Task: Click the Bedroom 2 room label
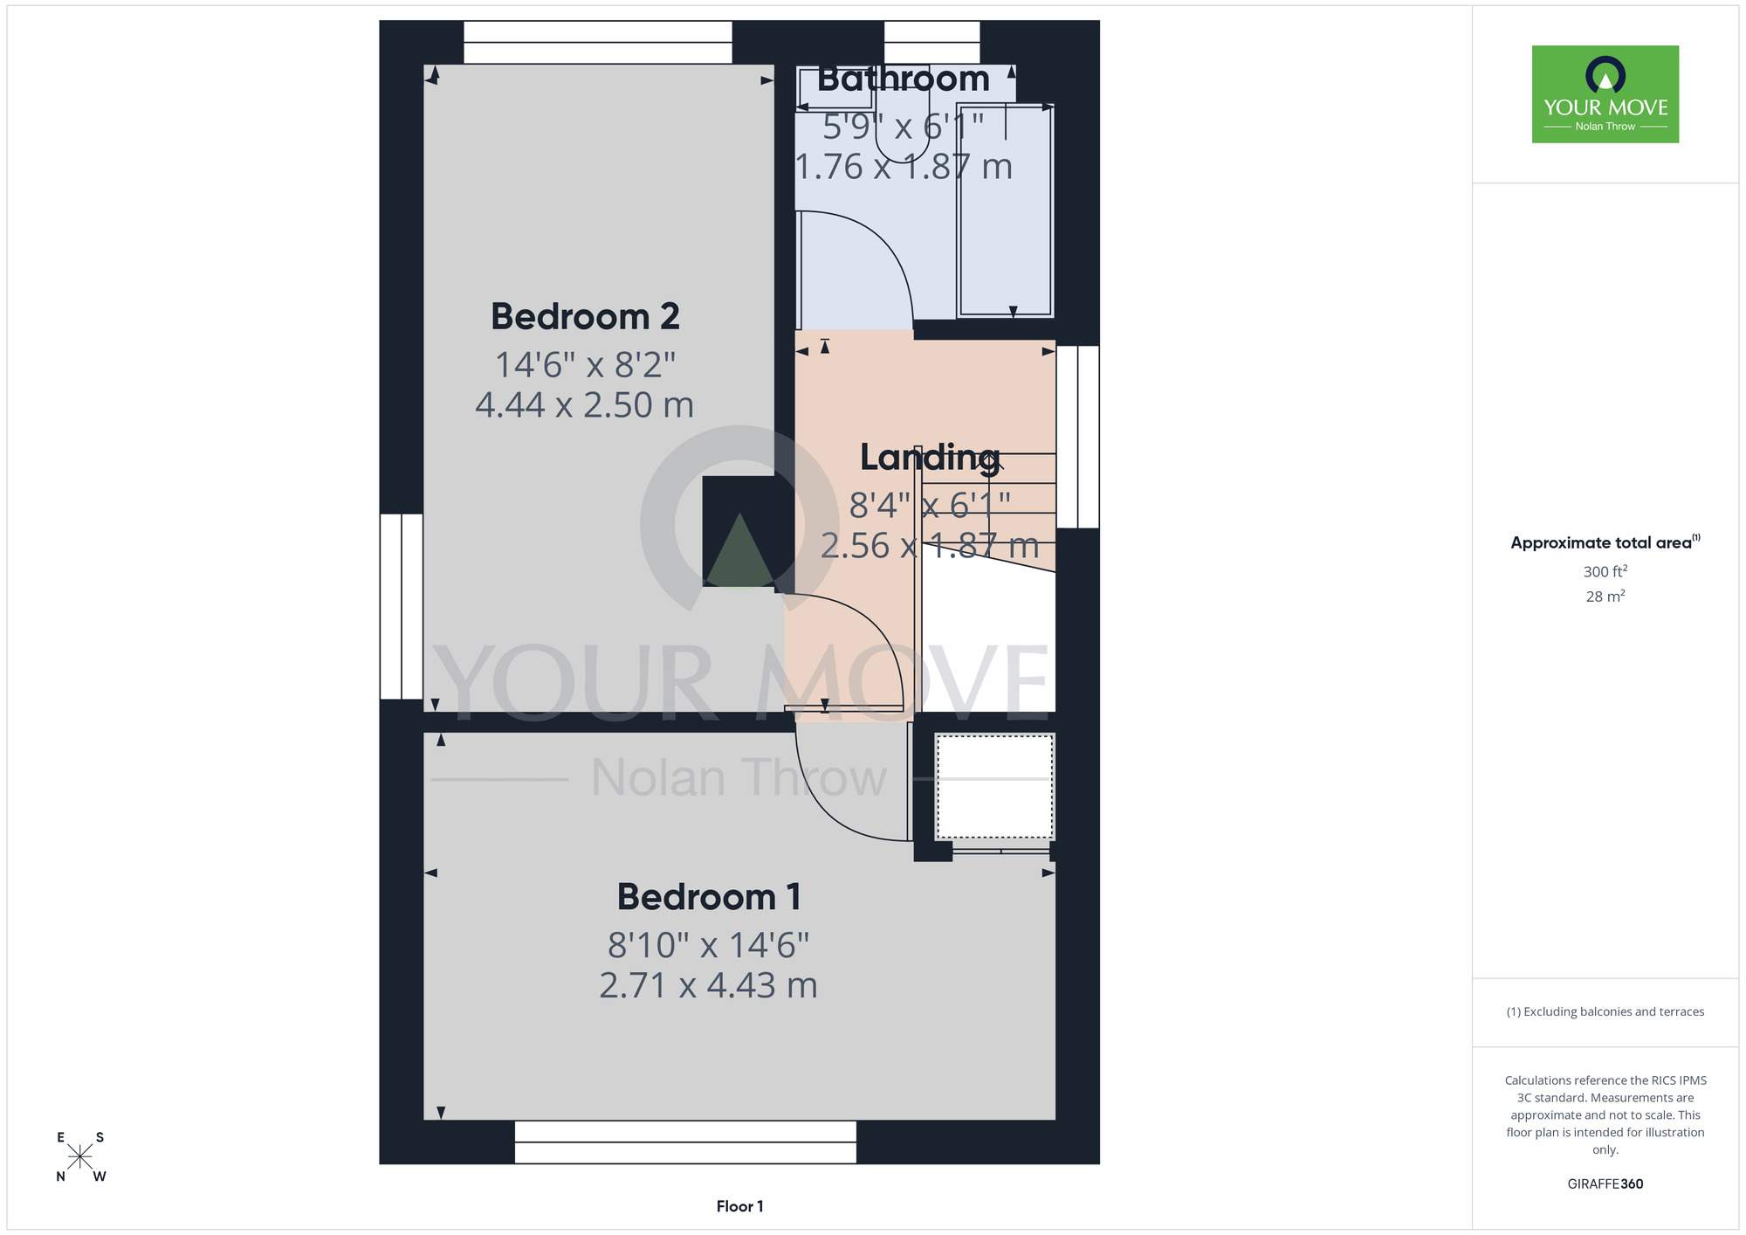(x=585, y=316)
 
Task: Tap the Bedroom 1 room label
(x=709, y=897)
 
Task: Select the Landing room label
(x=930, y=458)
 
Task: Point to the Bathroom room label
(x=904, y=79)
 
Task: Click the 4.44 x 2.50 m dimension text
(x=584, y=405)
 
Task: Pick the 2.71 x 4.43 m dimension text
(x=708, y=985)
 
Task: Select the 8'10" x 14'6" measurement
(x=708, y=945)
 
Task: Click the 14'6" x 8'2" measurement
(x=585, y=365)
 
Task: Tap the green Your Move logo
(x=1605, y=94)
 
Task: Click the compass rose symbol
(x=79, y=1157)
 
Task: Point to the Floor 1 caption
(x=739, y=1206)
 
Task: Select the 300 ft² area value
(x=1605, y=571)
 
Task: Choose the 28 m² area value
(x=1605, y=597)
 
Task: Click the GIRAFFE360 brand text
(x=1605, y=1184)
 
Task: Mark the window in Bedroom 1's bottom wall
(x=685, y=1142)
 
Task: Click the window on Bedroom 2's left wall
(x=402, y=606)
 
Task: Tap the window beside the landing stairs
(x=1078, y=437)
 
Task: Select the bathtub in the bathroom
(x=1006, y=210)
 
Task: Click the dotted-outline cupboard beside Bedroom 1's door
(x=994, y=787)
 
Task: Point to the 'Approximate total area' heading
(x=1605, y=542)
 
